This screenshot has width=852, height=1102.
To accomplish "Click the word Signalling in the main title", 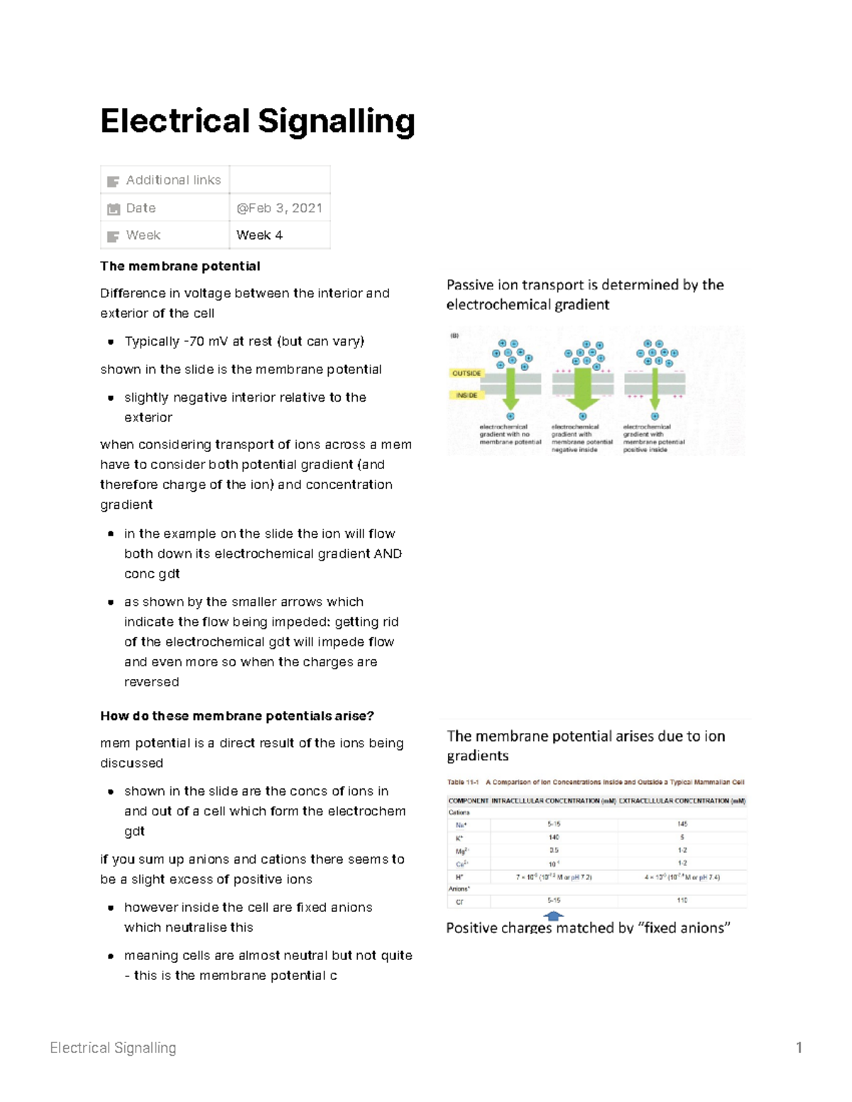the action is pos(336,121).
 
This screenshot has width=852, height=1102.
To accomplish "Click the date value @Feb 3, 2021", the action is pos(279,208).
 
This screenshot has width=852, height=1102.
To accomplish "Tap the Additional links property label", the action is pos(173,180).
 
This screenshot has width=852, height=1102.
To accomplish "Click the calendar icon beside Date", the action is pos(114,209).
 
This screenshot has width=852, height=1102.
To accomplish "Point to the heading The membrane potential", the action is pos(180,266).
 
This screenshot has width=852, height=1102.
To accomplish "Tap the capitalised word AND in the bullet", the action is pos(388,553).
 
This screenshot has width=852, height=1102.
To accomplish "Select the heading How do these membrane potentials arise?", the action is pos(237,716).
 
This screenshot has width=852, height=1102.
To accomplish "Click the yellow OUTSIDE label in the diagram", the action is pos(466,373).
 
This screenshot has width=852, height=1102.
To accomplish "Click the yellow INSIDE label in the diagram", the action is pos(466,395).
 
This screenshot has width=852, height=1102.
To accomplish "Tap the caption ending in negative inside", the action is pos(581,438).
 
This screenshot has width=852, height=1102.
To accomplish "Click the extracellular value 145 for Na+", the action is pos(682,824).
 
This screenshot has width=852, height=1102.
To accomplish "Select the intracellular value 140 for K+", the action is pos(554,837).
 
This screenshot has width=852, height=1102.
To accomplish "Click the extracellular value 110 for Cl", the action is pos(682,900).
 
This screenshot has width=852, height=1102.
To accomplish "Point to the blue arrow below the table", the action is pos(553,916).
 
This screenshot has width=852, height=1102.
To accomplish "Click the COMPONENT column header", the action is pos(469,800).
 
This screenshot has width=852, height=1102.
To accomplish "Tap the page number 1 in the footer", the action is pos(799,1047).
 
